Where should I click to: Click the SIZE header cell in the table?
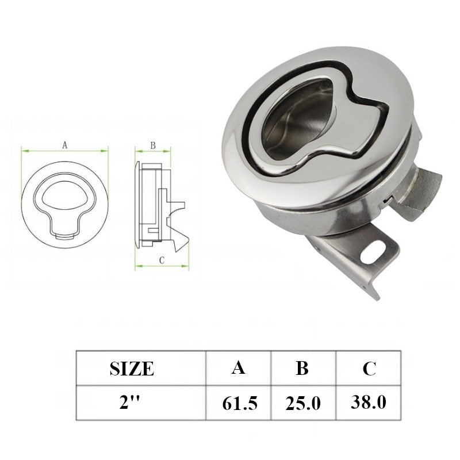click(132, 368)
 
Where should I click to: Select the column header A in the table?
click(238, 367)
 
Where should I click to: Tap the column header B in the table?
click(302, 368)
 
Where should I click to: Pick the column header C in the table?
click(369, 368)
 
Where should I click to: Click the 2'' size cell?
click(132, 402)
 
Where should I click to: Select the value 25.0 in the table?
click(302, 403)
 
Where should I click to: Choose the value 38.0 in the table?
click(369, 402)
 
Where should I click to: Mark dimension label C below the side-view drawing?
click(162, 260)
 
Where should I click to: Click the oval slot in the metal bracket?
click(374, 250)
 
